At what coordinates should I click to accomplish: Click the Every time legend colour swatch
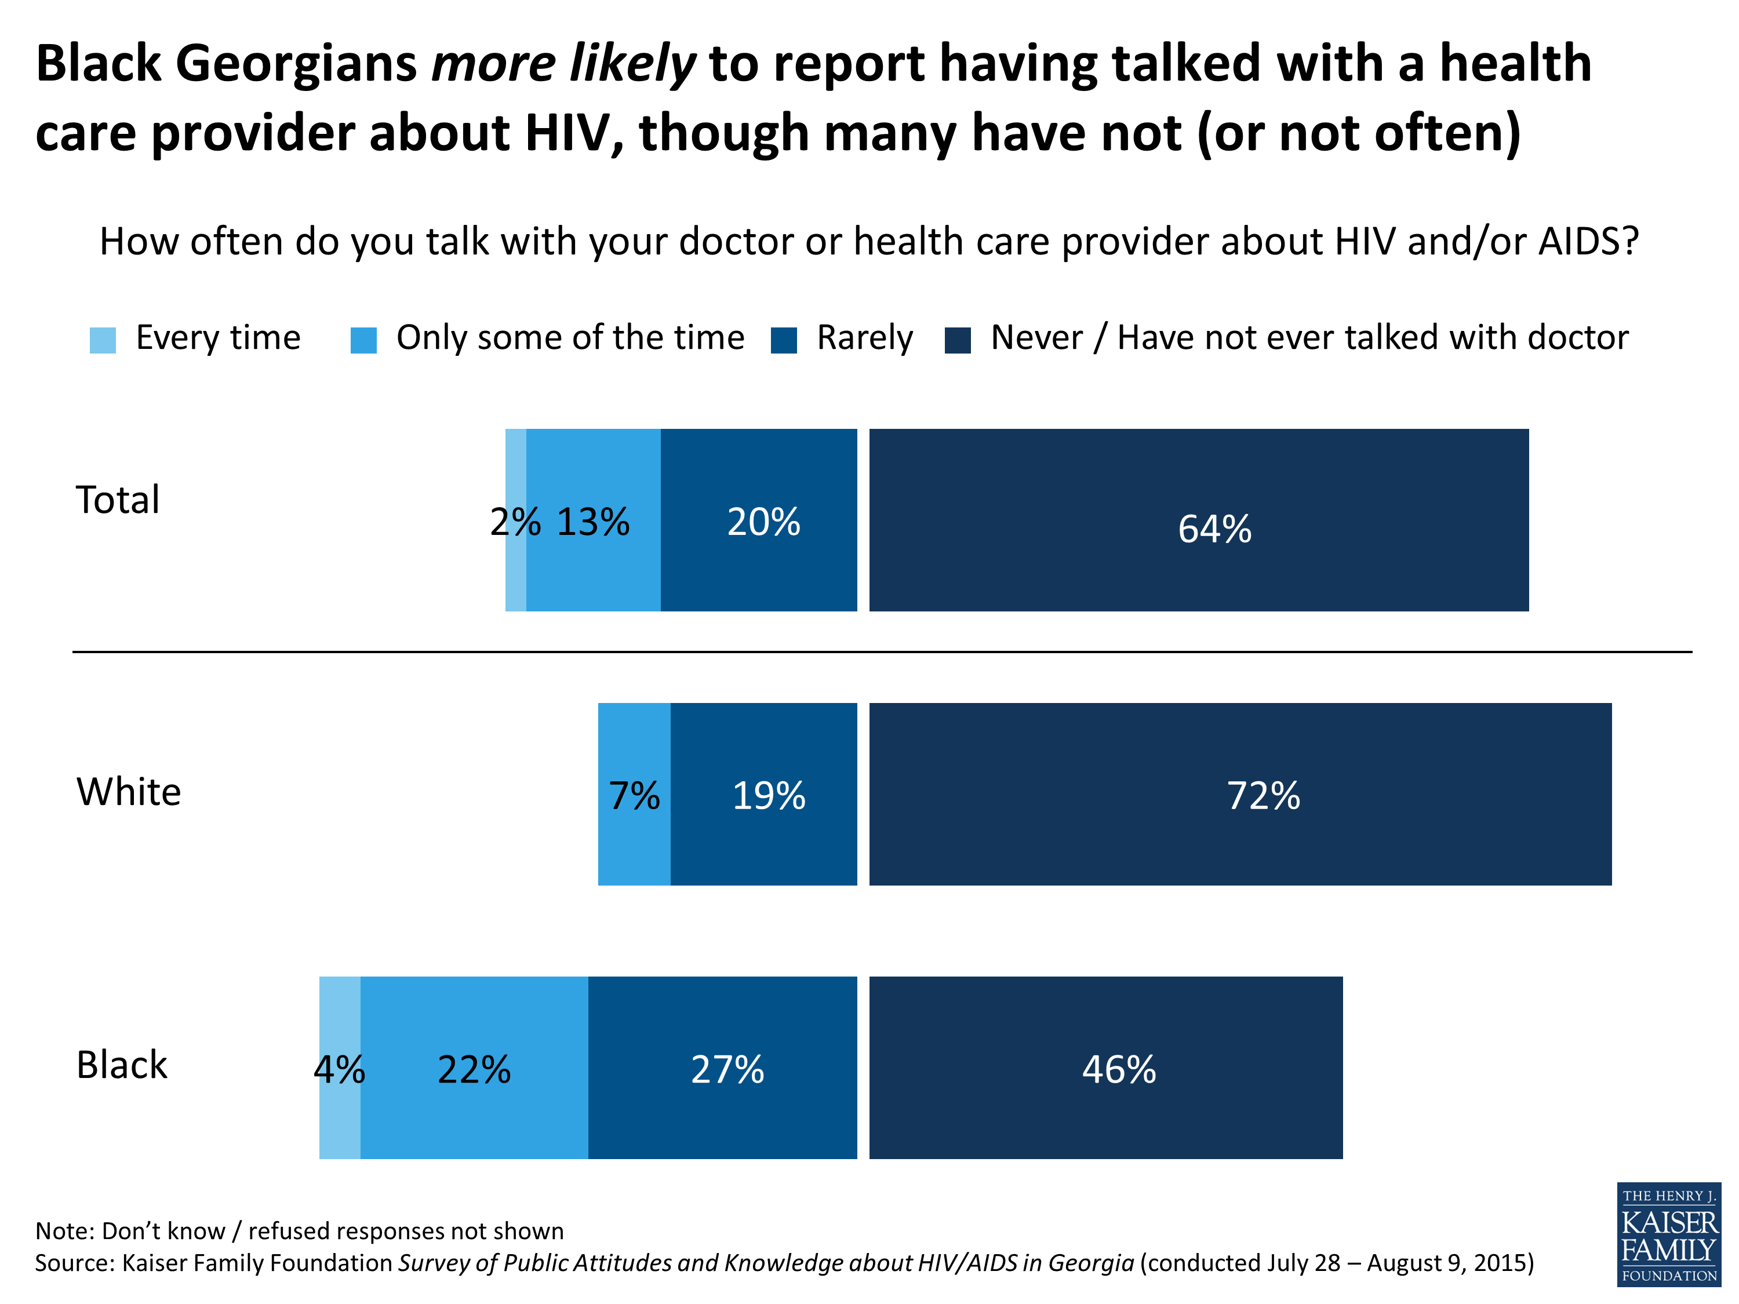point(103,340)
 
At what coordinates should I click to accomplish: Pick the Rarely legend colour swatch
point(784,340)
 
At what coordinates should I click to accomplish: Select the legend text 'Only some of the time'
point(570,338)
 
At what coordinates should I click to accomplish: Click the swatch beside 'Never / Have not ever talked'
point(958,340)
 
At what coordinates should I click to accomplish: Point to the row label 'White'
point(129,792)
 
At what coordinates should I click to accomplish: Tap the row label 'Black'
point(122,1065)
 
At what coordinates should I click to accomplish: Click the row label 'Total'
point(118,500)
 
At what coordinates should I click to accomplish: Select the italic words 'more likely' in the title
point(563,63)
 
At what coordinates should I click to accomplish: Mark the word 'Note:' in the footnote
point(66,1230)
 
